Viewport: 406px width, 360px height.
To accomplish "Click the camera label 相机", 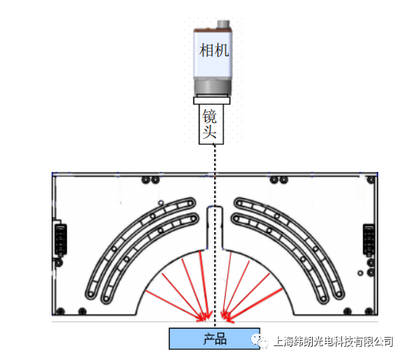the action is [214, 50].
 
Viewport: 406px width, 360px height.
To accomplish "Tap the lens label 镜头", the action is [210, 124].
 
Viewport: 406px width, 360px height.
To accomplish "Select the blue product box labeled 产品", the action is [214, 338].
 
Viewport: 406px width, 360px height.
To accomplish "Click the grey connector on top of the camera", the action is [223, 25].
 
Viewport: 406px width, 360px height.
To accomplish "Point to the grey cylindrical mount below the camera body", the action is [213, 86].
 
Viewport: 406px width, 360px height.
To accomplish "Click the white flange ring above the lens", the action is [212, 99].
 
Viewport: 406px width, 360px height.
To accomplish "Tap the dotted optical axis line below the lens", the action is [215, 235].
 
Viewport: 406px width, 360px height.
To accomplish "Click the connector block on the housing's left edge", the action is [61, 240].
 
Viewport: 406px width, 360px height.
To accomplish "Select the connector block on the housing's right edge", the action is [369, 240].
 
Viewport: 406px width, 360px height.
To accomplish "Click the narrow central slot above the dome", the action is [215, 227].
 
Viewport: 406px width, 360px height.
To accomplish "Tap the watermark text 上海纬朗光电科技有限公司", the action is [333, 341].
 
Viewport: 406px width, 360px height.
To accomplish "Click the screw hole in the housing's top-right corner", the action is [371, 180].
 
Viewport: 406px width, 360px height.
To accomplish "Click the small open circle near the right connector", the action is [361, 273].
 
